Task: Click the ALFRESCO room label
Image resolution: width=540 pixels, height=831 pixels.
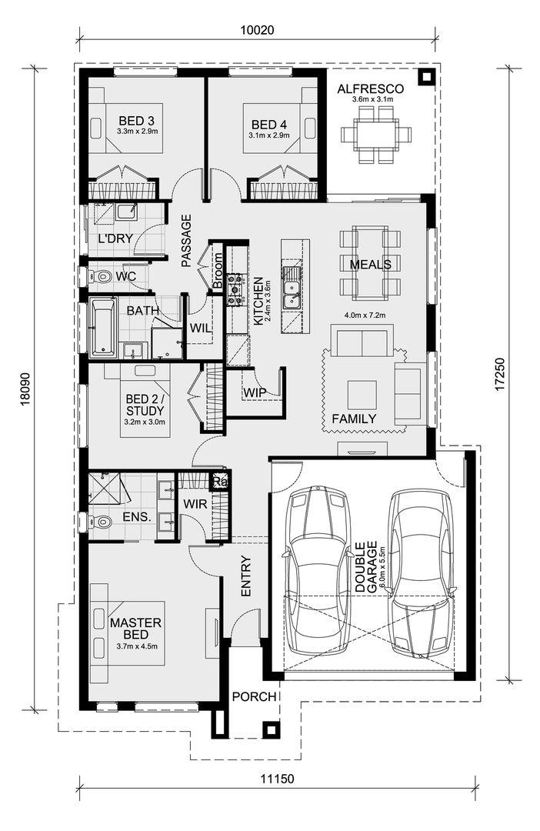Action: point(371,89)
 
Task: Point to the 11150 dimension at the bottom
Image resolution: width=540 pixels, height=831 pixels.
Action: point(277,779)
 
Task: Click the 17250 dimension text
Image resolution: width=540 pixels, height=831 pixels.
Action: point(502,375)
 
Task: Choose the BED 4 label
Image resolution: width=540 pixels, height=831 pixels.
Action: point(268,125)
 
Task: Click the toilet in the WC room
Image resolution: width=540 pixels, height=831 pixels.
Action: point(98,275)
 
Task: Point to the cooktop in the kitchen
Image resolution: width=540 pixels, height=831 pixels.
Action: point(234,289)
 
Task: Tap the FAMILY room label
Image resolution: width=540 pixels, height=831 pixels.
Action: point(354,419)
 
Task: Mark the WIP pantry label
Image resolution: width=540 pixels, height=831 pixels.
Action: point(255,392)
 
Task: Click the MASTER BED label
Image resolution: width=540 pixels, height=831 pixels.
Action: point(135,629)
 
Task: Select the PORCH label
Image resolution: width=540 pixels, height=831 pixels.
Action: point(255,696)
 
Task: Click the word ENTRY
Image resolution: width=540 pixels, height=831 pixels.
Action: point(246,576)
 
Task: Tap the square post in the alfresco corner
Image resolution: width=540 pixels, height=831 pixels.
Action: point(426,78)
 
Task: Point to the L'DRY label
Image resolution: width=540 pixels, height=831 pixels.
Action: point(115,239)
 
